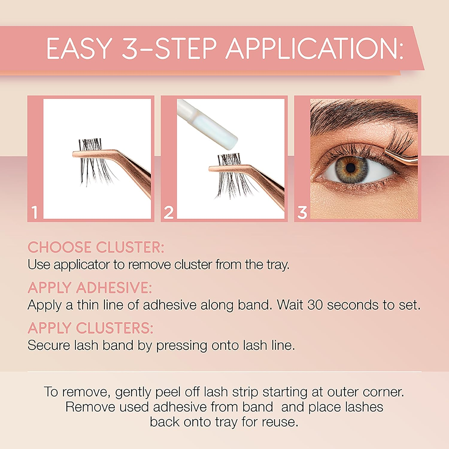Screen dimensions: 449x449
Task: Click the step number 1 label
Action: pos(35,212)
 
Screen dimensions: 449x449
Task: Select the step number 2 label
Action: pos(169,212)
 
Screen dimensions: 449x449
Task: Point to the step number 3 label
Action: pos(302,212)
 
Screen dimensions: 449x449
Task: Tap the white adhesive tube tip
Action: pos(223,132)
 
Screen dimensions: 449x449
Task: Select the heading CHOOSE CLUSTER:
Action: pos(96,248)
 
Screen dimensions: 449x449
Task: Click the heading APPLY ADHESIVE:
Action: pos(90,288)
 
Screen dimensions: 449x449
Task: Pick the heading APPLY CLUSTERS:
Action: pos(90,328)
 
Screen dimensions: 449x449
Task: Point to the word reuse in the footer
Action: pos(280,422)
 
